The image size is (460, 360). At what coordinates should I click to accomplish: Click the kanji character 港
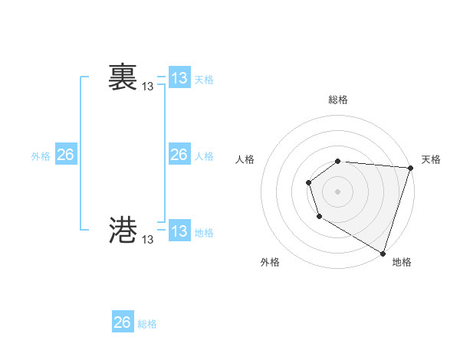123,230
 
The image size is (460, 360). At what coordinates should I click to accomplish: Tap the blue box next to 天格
179,78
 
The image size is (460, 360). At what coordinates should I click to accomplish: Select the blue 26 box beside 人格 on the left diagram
179,155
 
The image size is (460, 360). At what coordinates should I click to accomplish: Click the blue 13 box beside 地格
179,231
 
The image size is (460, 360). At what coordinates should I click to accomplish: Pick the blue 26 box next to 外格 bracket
65,155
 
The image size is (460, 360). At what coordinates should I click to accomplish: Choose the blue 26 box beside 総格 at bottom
123,322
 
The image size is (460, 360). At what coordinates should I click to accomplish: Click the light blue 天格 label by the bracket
204,80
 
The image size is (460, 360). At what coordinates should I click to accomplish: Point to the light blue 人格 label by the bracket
204,156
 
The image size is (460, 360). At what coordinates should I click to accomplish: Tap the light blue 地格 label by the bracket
204,233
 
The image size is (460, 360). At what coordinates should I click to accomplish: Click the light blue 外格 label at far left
41,156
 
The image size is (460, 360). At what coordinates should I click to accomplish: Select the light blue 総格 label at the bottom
147,324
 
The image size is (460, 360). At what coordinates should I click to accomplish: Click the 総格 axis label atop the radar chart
338,100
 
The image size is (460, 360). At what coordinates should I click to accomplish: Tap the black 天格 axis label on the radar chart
431,159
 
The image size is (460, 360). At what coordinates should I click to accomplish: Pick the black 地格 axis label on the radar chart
402,262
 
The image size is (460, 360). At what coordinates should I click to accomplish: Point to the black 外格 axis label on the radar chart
270,262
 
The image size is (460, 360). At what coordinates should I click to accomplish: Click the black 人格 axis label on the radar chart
245,159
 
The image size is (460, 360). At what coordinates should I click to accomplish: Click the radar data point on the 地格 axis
383,253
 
